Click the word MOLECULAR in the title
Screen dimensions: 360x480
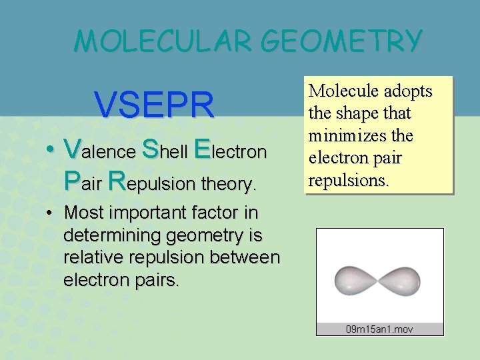(x=163, y=41)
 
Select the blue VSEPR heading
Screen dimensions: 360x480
(x=155, y=104)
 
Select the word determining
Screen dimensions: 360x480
(x=107, y=236)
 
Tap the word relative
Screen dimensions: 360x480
(x=89, y=258)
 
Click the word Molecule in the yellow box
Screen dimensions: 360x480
(x=341, y=91)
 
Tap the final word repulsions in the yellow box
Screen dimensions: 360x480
(x=347, y=180)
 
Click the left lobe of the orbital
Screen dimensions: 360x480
(x=356, y=279)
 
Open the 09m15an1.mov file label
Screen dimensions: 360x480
(x=379, y=329)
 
